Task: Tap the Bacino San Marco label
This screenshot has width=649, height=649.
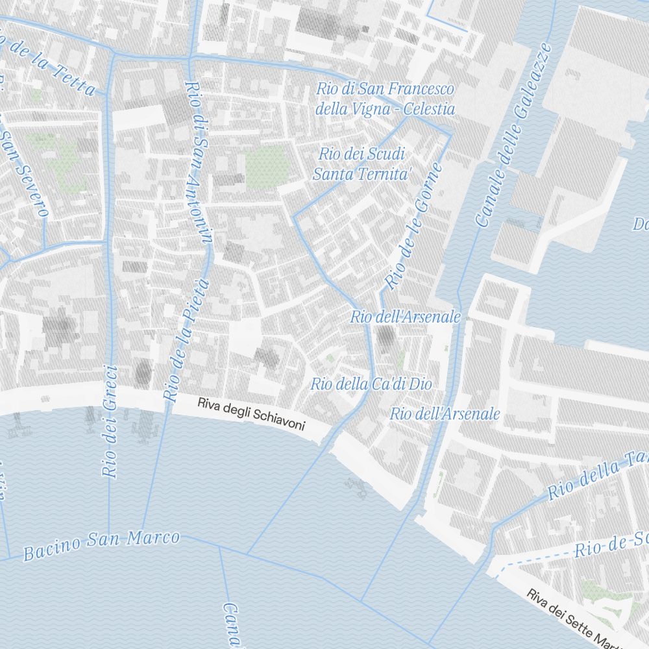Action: point(101,546)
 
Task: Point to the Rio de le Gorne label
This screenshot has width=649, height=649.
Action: point(413,226)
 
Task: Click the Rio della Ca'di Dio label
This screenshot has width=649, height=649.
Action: point(371,384)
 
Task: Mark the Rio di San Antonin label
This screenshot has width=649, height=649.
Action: point(199,162)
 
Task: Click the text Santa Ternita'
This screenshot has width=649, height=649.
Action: point(363,174)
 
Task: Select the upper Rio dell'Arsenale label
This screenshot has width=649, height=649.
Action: point(406,317)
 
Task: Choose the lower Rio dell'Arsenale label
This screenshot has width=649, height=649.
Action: point(445,413)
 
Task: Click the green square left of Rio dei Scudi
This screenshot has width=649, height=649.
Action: point(267,165)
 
